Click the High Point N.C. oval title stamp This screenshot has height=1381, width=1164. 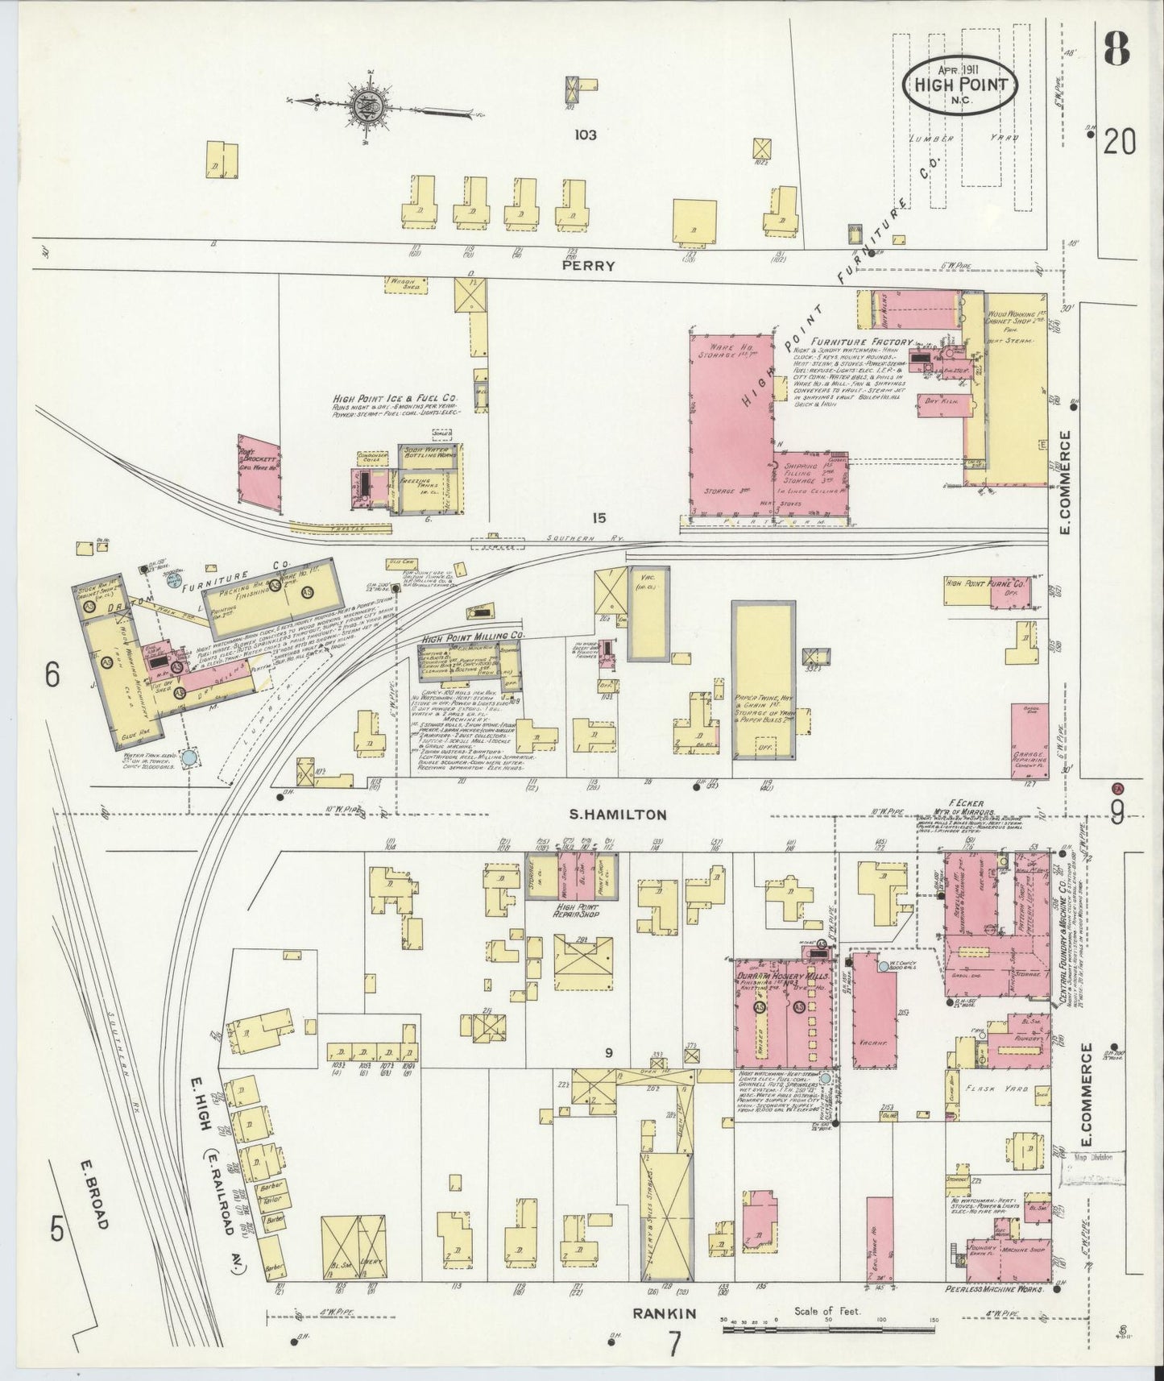click(959, 83)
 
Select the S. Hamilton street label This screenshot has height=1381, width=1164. click(618, 815)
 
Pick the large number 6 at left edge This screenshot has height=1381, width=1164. click(52, 675)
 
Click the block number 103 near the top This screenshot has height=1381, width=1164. click(585, 135)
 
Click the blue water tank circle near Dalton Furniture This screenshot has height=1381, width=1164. click(189, 757)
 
